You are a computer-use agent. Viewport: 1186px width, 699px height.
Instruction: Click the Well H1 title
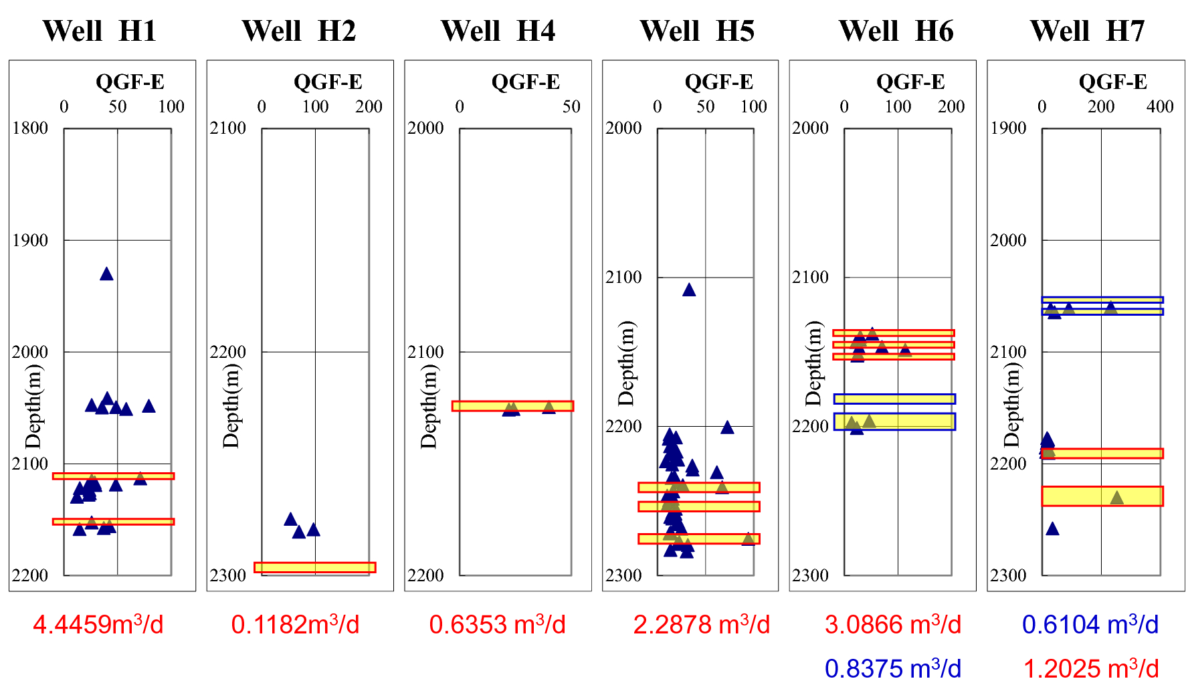click(100, 31)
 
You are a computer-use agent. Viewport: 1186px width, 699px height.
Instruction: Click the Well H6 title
click(896, 31)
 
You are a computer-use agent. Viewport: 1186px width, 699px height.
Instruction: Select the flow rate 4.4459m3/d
click(98, 625)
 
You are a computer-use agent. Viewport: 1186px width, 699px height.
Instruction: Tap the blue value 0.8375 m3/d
click(892, 668)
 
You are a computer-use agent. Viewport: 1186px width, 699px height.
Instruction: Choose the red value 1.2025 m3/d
click(1091, 668)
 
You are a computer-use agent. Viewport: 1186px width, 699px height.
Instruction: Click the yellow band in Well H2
click(315, 567)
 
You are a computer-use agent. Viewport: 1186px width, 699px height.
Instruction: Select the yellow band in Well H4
click(512, 405)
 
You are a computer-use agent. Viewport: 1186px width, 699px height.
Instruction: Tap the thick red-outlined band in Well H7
click(1102, 496)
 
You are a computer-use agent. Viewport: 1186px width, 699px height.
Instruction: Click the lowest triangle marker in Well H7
click(1052, 529)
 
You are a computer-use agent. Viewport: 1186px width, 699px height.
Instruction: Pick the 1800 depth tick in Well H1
click(30, 128)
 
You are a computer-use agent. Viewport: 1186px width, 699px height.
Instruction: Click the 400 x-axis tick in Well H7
click(1159, 106)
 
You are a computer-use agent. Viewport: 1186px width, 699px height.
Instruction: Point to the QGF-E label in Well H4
click(525, 82)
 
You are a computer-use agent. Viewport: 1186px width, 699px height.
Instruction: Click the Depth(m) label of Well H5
click(626, 363)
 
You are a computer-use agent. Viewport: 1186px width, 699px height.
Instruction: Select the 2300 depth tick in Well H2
click(228, 575)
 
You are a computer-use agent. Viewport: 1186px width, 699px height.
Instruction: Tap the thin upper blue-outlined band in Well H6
click(894, 399)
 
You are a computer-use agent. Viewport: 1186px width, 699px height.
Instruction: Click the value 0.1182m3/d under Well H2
click(295, 625)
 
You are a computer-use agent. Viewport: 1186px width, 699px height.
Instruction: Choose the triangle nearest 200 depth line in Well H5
click(727, 427)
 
